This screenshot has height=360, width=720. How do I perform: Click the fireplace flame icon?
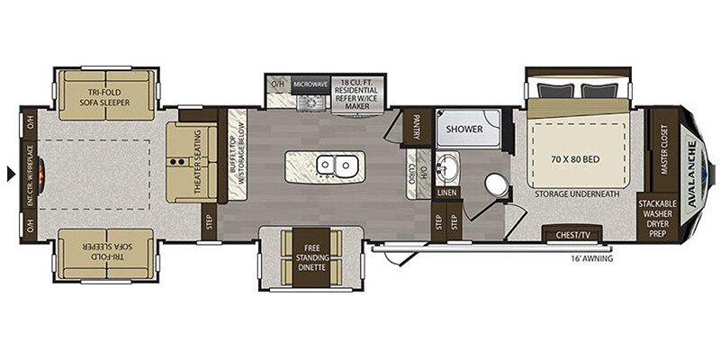[x=41, y=174]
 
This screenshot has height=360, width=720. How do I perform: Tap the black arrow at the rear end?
[x=11, y=174]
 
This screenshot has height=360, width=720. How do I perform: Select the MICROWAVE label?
[x=310, y=85]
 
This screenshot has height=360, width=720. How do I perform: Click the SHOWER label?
[x=464, y=129]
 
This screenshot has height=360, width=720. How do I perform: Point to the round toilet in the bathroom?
[x=497, y=184]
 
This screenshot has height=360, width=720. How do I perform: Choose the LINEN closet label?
[x=446, y=193]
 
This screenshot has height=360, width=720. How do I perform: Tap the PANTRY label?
[x=417, y=127]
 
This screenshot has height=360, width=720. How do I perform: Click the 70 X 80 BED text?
[x=575, y=160]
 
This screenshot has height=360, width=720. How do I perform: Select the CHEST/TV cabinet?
[x=572, y=233]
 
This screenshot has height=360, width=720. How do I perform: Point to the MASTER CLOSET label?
[x=663, y=149]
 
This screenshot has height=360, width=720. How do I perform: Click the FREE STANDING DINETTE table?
[x=310, y=257]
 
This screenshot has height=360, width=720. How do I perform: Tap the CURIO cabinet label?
[x=412, y=175]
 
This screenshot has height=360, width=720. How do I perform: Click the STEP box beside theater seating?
[x=209, y=221]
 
